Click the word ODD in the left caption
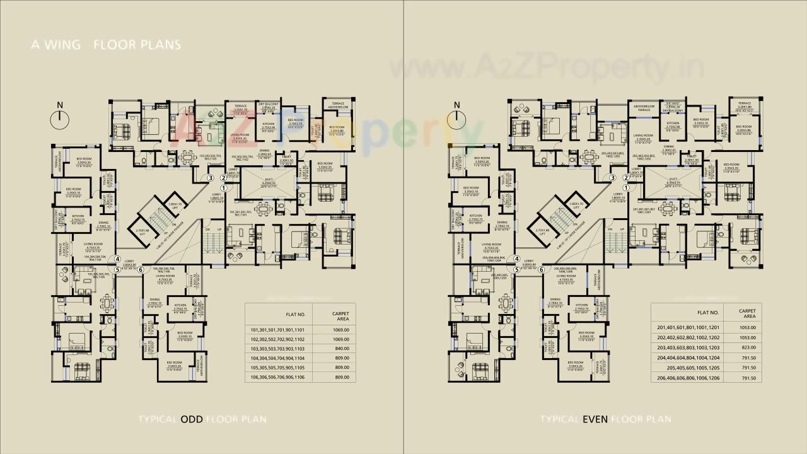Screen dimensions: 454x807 tap(192, 419)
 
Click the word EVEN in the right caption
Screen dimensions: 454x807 tap(595, 419)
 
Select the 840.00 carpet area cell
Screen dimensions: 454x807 tap(340, 349)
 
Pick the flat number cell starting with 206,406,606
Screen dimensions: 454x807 tap(688, 378)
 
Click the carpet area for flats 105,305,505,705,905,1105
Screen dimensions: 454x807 tap(340, 367)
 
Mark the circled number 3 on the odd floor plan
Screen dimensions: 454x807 tap(212, 178)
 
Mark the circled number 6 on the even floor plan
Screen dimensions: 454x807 tap(541, 269)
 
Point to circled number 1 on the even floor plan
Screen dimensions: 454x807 tap(626, 187)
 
